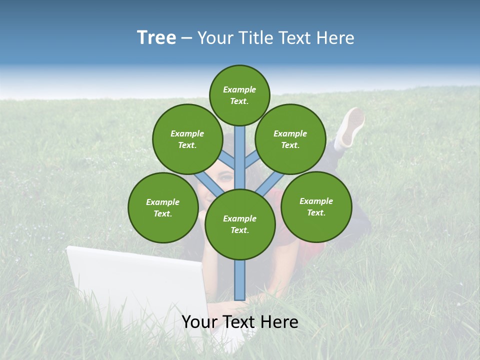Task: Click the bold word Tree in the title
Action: (x=156, y=37)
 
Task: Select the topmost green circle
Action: (x=239, y=95)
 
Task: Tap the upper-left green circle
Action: (x=187, y=139)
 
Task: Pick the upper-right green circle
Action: (x=290, y=139)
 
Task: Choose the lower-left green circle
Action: (x=162, y=207)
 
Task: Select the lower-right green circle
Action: (x=316, y=206)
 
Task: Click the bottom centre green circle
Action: (x=240, y=224)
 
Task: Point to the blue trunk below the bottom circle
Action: (x=240, y=280)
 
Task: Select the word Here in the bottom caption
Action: (x=279, y=322)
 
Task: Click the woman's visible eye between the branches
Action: (x=226, y=176)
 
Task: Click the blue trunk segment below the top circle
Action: (x=240, y=150)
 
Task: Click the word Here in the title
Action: (x=336, y=38)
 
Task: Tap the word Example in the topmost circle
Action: (x=239, y=89)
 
